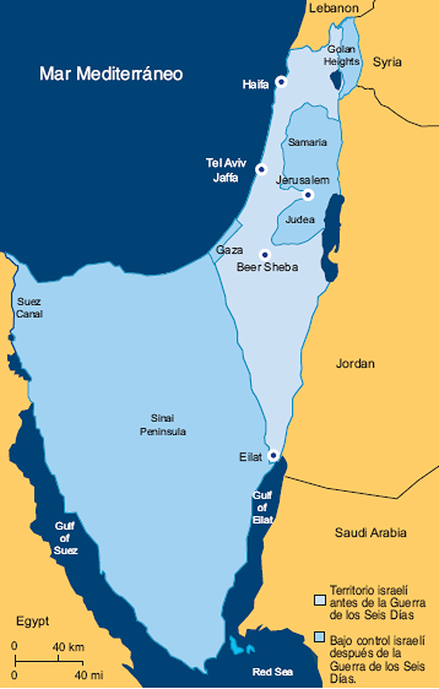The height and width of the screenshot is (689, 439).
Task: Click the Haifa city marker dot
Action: (282, 82)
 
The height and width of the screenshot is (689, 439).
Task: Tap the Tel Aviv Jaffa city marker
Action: (261, 169)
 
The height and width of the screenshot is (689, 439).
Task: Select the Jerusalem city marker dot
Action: (307, 195)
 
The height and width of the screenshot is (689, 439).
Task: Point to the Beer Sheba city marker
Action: (266, 254)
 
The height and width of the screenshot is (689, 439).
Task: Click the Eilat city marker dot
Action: (273, 455)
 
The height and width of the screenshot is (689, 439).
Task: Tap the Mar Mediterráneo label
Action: (111, 74)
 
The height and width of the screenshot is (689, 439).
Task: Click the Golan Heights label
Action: (342, 55)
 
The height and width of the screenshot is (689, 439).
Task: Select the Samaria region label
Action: (307, 142)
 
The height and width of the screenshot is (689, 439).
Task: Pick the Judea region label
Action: (300, 220)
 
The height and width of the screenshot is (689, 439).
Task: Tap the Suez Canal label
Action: (30, 308)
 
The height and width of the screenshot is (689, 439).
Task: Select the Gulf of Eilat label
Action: (262, 507)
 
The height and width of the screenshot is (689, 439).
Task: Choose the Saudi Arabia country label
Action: (370, 532)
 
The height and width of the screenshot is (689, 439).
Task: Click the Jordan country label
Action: (355, 364)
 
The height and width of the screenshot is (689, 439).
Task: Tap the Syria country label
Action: (387, 62)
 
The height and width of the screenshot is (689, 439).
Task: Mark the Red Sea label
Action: (273, 672)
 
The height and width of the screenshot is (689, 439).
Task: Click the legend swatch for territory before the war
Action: (320, 599)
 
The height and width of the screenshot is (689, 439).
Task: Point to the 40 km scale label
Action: (69, 647)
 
